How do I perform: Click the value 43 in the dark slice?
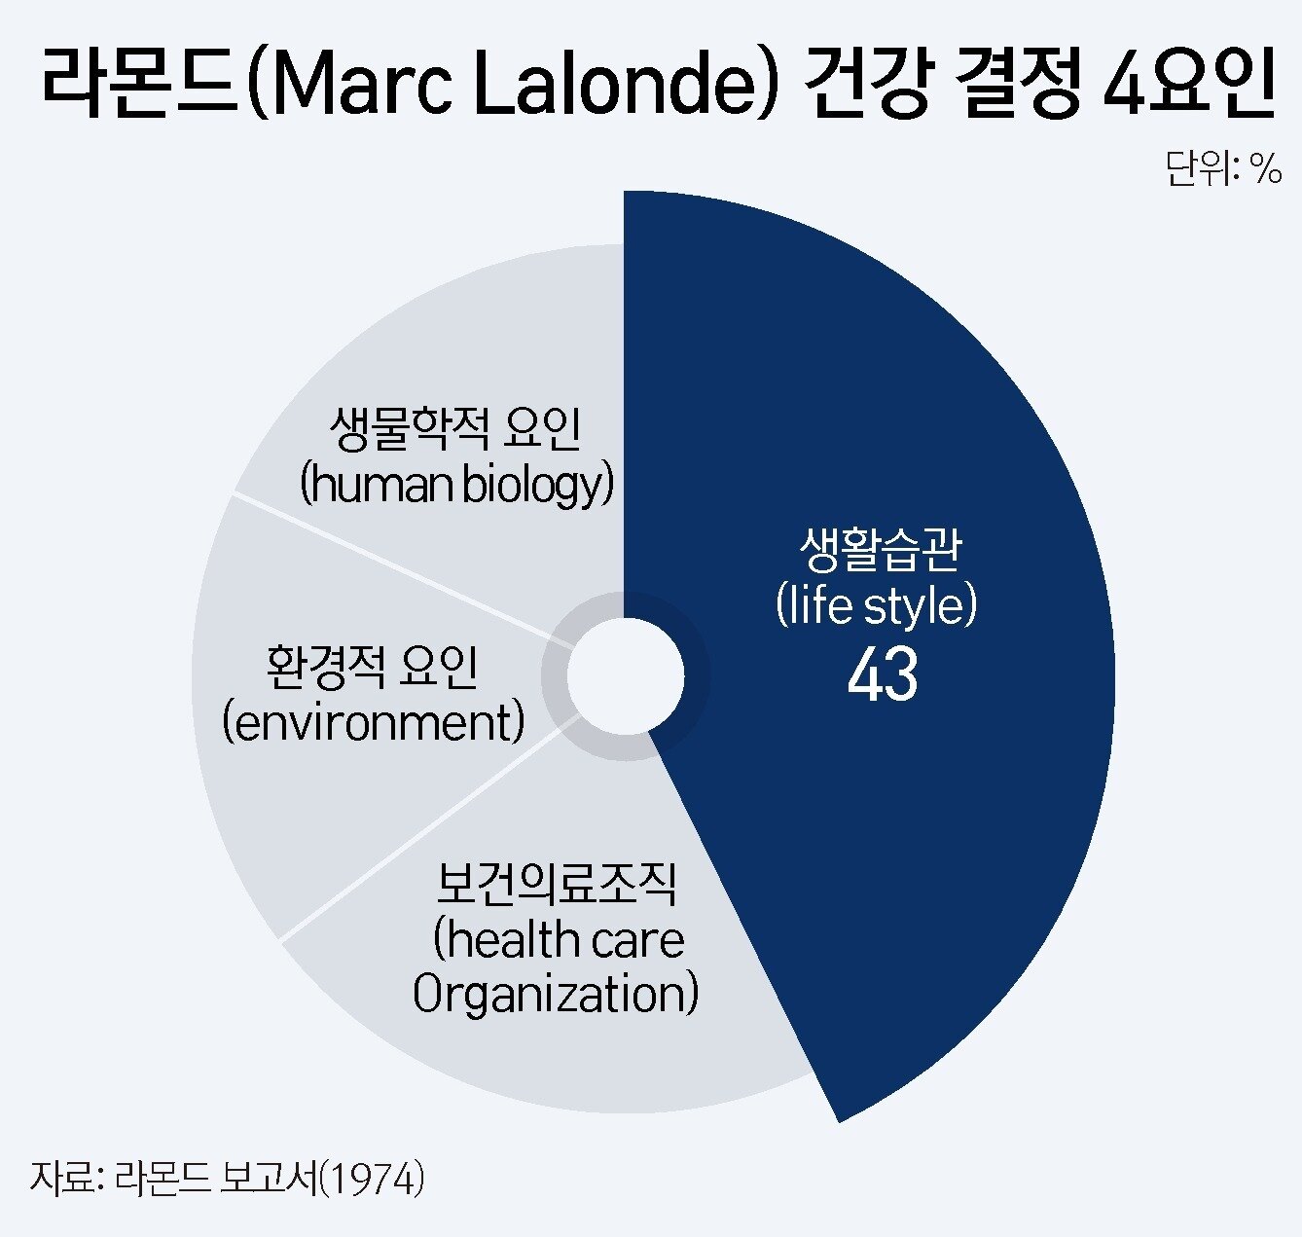883,674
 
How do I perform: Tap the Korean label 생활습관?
880,549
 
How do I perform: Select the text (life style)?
877,605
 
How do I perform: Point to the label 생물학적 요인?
455,429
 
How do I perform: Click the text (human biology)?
457,484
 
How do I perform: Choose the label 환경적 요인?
373,667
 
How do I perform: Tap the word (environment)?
374,722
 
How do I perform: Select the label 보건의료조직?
557,885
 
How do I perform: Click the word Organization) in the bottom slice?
556,995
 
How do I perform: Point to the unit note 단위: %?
1223,169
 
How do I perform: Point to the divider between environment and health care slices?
418,836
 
